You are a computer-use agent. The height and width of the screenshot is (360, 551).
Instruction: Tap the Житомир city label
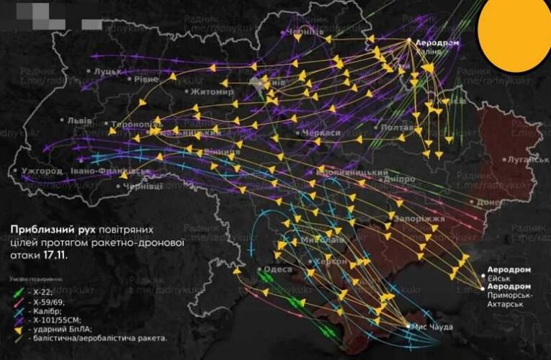pyautogui.click(x=212, y=92)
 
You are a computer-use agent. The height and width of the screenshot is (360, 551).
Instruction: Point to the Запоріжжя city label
pyautogui.click(x=419, y=218)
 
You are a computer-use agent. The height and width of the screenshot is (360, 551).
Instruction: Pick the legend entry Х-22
pyautogui.click(x=40, y=292)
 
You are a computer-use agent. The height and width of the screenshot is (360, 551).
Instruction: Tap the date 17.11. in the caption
pyautogui.click(x=51, y=256)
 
